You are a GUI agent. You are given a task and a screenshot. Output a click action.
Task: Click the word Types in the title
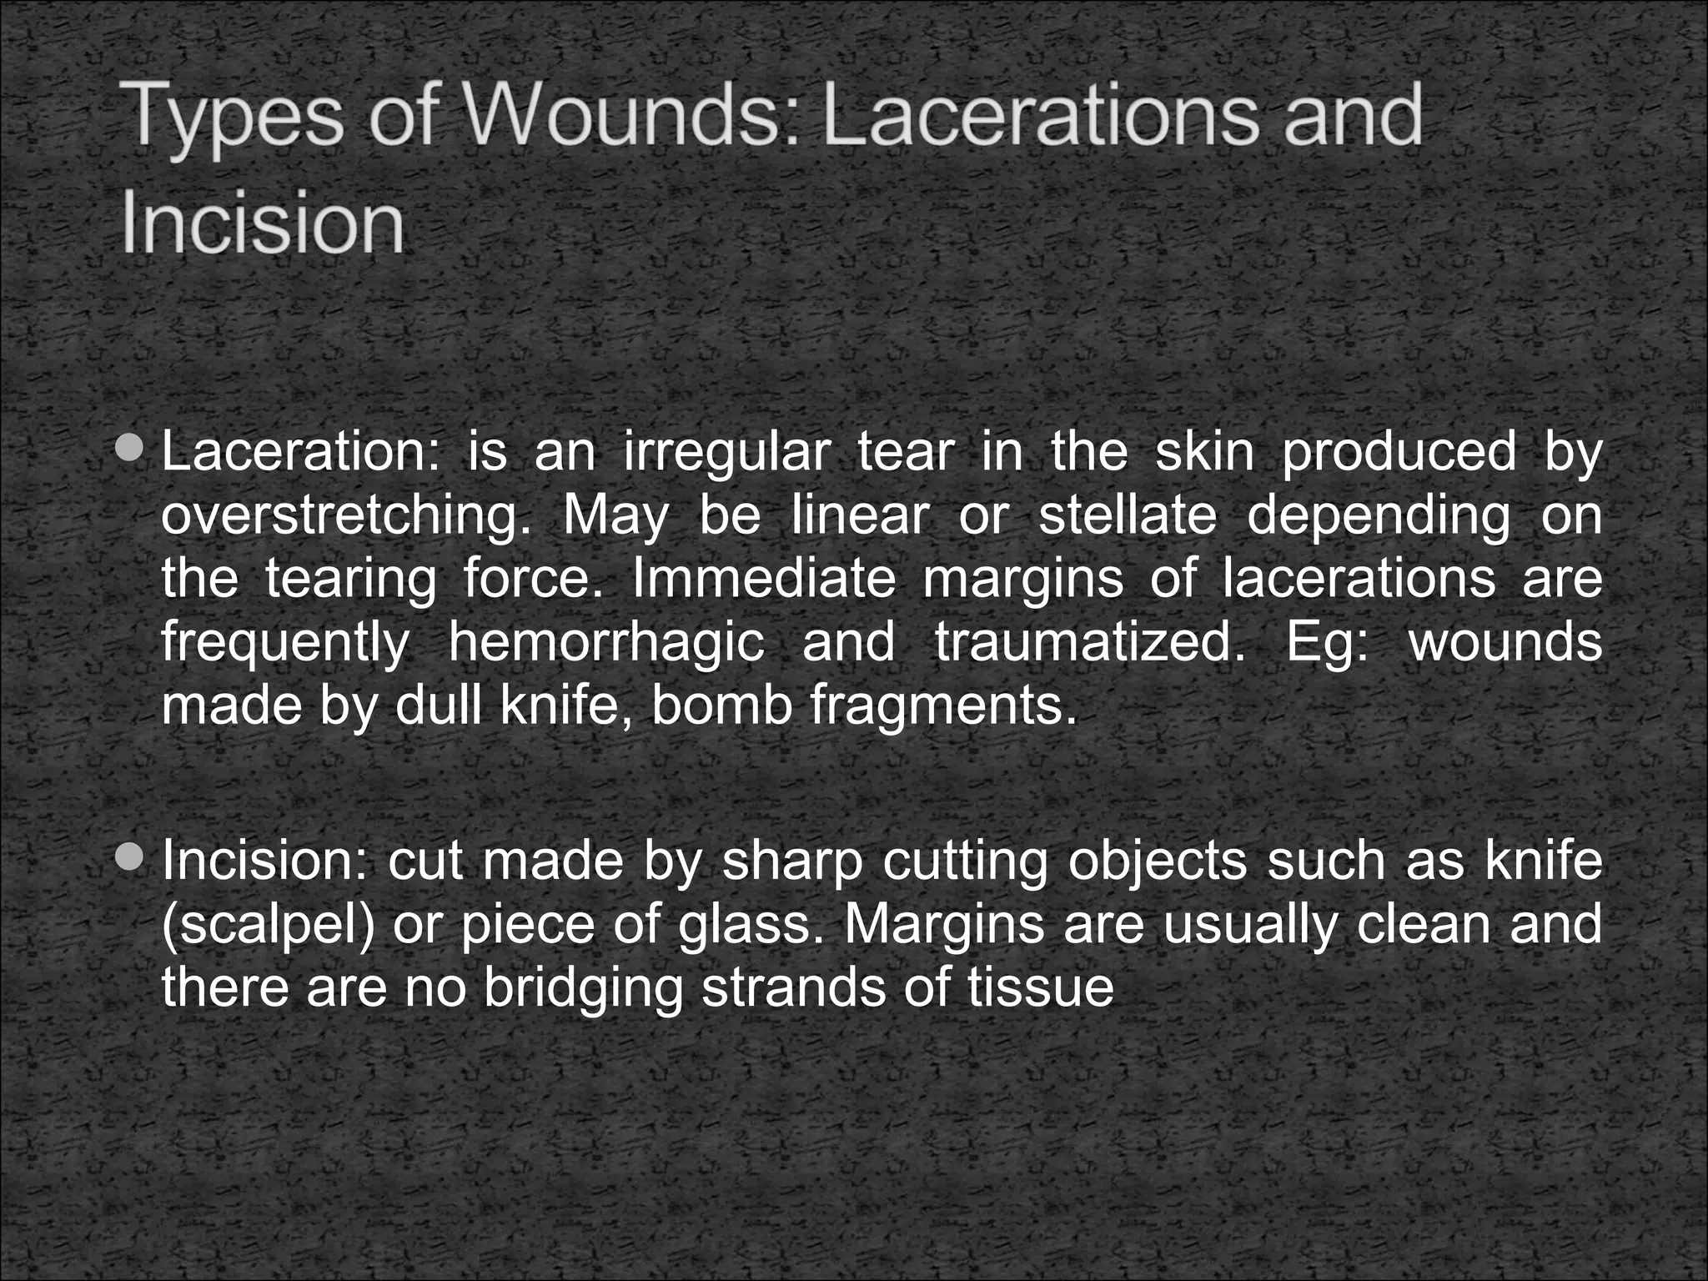(234, 118)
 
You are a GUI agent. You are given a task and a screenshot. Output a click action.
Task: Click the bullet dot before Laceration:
(130, 450)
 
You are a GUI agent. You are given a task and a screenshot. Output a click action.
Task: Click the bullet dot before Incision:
(130, 857)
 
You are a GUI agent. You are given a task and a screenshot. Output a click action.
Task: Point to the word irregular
(726, 454)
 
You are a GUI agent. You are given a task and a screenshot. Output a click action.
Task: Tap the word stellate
(1128, 515)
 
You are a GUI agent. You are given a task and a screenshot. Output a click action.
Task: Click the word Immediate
(764, 579)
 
